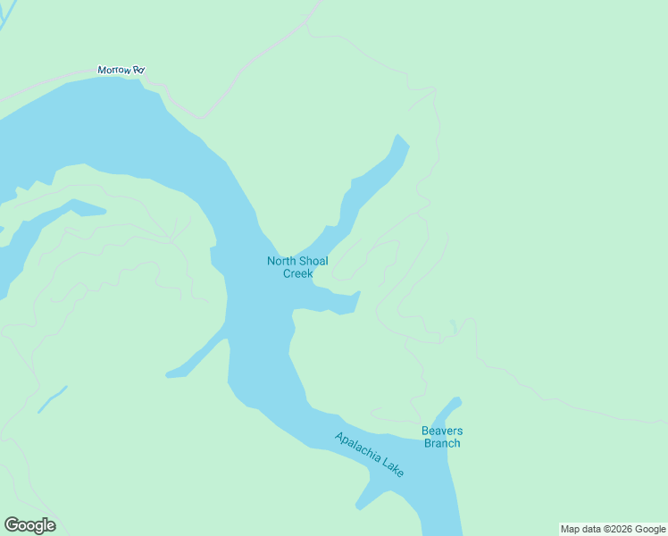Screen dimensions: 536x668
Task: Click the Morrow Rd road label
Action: coord(121,70)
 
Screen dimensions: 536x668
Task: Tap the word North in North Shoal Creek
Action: coord(280,262)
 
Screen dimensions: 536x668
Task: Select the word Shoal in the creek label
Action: coord(313,262)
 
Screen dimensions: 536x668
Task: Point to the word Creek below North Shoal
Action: coord(297,273)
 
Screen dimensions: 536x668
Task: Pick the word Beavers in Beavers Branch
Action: coord(442,431)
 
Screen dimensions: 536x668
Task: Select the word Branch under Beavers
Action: coord(442,443)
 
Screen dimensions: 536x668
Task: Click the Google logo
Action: coord(29,525)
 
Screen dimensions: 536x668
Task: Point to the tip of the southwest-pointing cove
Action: coord(171,374)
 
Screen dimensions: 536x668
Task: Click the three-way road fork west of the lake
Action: coord(171,239)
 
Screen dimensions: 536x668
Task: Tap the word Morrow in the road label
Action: coord(113,70)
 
